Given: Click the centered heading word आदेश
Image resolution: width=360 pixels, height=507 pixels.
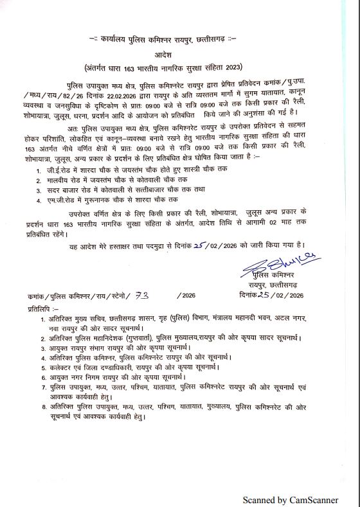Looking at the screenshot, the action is [x=179, y=55].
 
